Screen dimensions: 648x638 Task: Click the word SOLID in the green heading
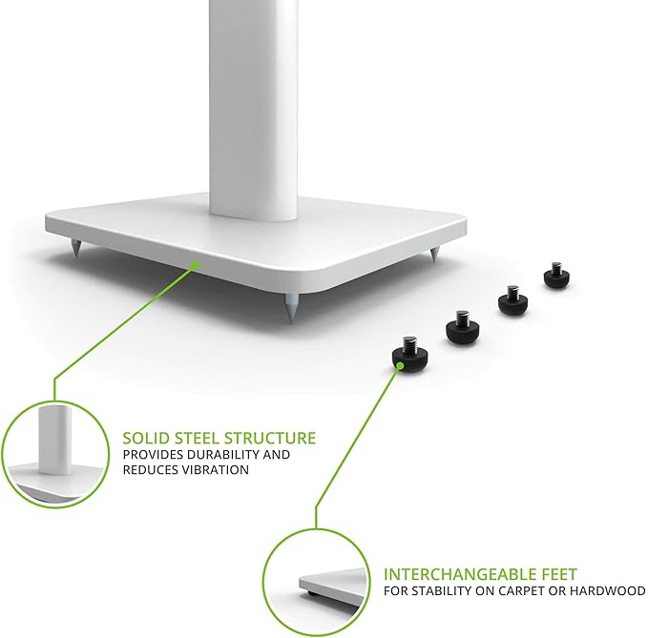click(146, 438)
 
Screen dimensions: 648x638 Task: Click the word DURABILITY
click(221, 455)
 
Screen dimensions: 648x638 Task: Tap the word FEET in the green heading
click(553, 574)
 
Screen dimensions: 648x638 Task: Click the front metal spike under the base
click(291, 307)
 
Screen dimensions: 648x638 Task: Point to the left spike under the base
click(76, 247)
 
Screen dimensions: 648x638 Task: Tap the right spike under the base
click(434, 254)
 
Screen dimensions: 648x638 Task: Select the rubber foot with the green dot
click(410, 354)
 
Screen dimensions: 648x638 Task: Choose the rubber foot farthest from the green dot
click(556, 275)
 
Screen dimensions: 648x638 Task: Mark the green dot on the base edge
click(196, 265)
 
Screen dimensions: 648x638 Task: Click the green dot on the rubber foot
click(400, 365)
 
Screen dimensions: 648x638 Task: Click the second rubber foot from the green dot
click(463, 326)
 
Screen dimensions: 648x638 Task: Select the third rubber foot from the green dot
click(512, 299)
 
